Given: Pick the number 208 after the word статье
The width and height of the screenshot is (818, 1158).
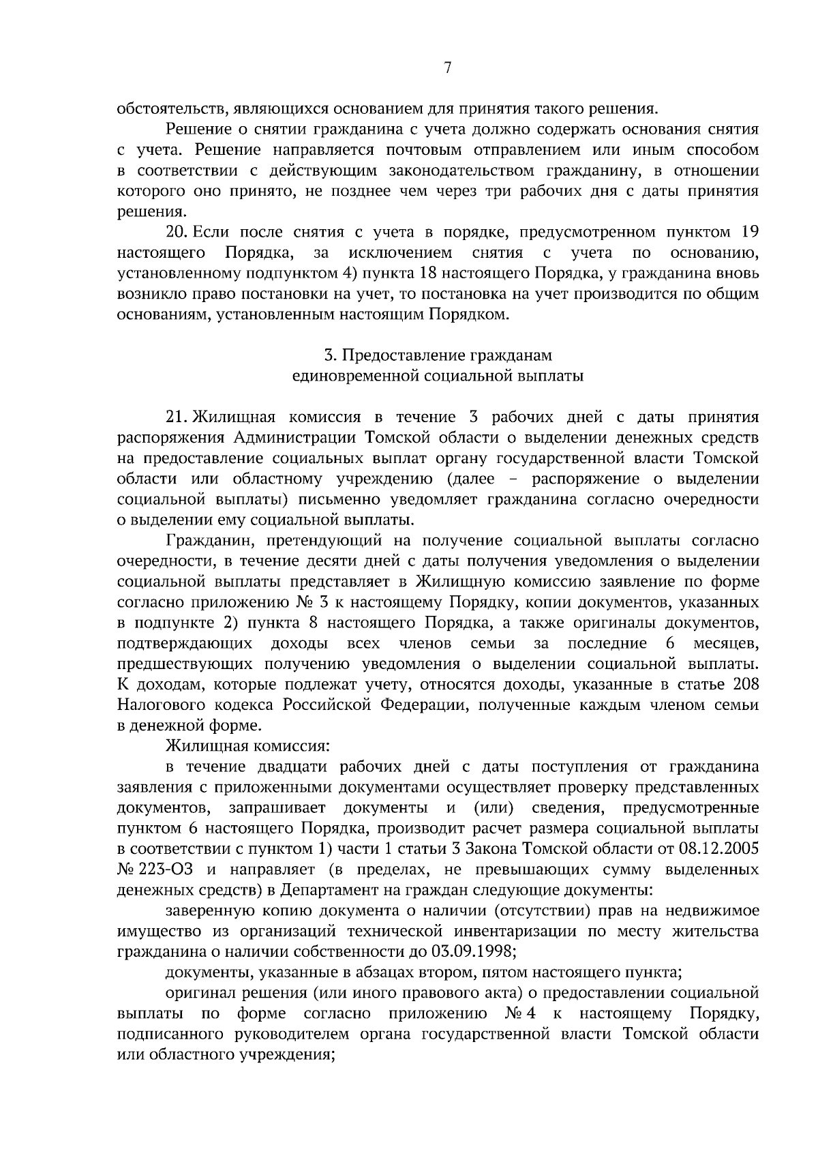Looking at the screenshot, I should pos(745,685).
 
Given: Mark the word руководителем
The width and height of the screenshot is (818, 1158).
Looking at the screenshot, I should pos(301,1034).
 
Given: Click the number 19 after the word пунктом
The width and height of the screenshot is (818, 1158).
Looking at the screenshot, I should pos(749,233).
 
